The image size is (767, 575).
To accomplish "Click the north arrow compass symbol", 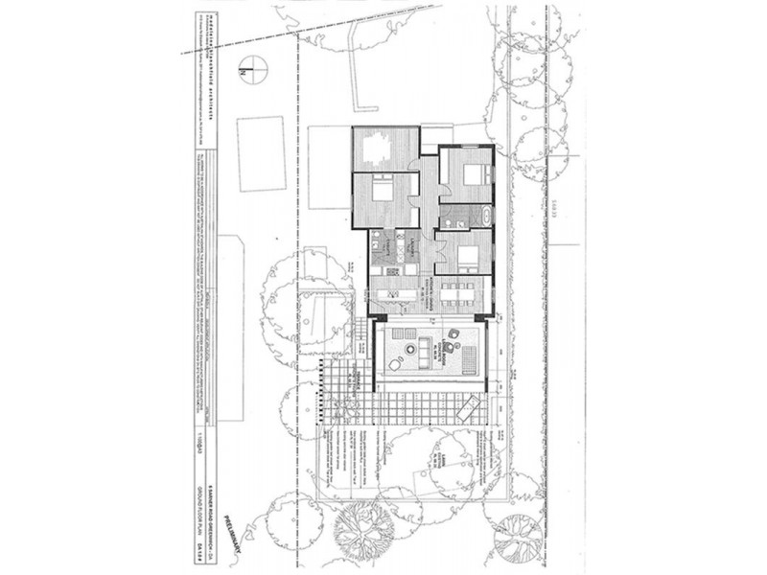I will coord(253,69).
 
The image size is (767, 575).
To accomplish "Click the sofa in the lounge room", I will coord(470,358).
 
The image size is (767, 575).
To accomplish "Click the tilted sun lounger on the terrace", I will coord(470,410).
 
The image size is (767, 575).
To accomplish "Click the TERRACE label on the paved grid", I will coord(357,376).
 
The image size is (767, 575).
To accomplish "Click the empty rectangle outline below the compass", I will coord(261,153).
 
